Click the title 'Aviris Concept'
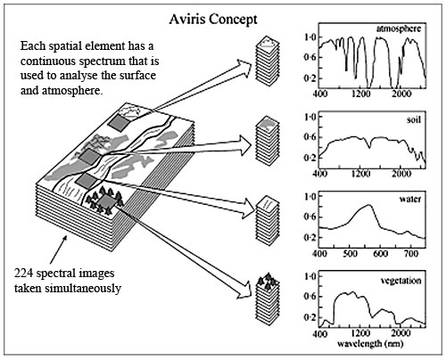pyautogui.click(x=213, y=20)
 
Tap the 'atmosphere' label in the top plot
pyautogui.click(x=399, y=29)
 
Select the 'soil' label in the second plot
pyautogui.click(x=414, y=119)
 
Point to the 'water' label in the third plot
pyautogui.click(x=410, y=199)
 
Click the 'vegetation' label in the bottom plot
pyautogui.click(x=401, y=281)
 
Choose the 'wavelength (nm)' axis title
pyautogui.click(x=370, y=344)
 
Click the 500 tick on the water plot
pyautogui.click(x=351, y=254)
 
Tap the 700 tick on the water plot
pyautogui.click(x=411, y=254)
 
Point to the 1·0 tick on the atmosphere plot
pyautogui.click(x=310, y=37)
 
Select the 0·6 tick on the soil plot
pyautogui.click(x=310, y=137)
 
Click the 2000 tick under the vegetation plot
pyautogui.click(x=401, y=333)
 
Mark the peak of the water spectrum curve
pyautogui.click(x=369, y=205)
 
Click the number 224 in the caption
pyautogui.click(x=23, y=273)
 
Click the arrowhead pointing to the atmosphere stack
pyautogui.click(x=244, y=68)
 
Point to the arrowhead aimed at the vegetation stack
pyautogui.click(x=246, y=290)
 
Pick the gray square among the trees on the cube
pyautogui.click(x=104, y=201)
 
